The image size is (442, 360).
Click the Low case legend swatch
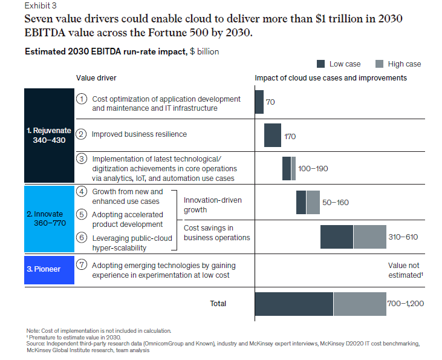pyautogui.click(x=320, y=64)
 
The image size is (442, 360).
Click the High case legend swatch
pyautogui.click(x=380, y=64)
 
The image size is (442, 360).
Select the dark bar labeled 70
pyautogui.click(x=259, y=102)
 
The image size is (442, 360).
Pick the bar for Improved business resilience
pyautogui.click(x=273, y=135)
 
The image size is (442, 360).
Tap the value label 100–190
pyautogui.click(x=313, y=168)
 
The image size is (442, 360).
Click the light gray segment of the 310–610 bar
pyautogui.click(x=369, y=236)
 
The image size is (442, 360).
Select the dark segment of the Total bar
pyautogui.click(x=294, y=303)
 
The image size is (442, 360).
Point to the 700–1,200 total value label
pyautogui.click(x=405, y=303)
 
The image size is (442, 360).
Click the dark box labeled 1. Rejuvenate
pyautogui.click(x=48, y=135)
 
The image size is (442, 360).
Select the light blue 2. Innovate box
pyautogui.click(x=48, y=219)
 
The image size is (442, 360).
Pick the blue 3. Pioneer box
pyautogui.click(x=48, y=269)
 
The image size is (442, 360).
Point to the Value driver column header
pyautogui.click(x=96, y=78)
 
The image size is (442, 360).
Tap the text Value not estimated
pyautogui.click(x=404, y=270)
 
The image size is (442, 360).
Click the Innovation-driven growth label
pyautogui.click(x=204, y=205)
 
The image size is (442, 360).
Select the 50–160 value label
pyautogui.click(x=336, y=202)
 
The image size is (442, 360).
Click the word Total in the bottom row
pyautogui.click(x=218, y=304)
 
